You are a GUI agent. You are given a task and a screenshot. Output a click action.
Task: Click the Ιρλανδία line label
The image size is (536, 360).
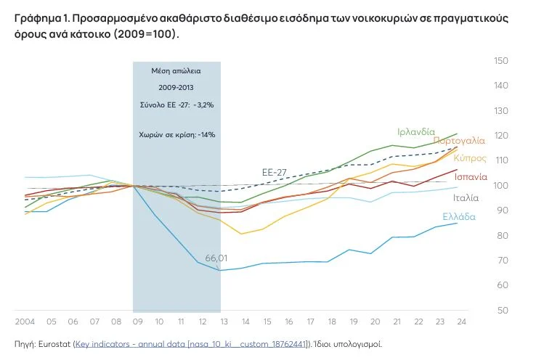(416, 132)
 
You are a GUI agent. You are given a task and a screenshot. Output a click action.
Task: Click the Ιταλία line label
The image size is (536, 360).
(466, 197)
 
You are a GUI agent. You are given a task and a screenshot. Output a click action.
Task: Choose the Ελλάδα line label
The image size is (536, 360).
(459, 216)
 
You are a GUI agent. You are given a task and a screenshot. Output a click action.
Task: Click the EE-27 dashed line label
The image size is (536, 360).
(275, 172)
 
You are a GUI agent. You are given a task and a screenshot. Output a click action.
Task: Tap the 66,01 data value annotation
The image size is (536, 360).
(216, 258)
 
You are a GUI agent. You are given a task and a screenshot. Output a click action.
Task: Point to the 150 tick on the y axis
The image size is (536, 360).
(500, 60)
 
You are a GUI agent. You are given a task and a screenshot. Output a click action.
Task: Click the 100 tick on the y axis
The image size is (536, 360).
(500, 185)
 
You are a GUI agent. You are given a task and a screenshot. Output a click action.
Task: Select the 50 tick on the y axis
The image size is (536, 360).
(500, 311)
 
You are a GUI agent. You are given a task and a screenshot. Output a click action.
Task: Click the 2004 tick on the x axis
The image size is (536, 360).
(25, 321)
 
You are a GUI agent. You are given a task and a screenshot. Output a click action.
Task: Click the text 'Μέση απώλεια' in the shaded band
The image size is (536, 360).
(176, 72)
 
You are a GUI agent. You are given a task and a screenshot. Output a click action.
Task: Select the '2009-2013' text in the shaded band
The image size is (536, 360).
(176, 88)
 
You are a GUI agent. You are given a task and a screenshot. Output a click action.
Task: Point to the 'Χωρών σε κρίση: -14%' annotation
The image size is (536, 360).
(176, 134)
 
